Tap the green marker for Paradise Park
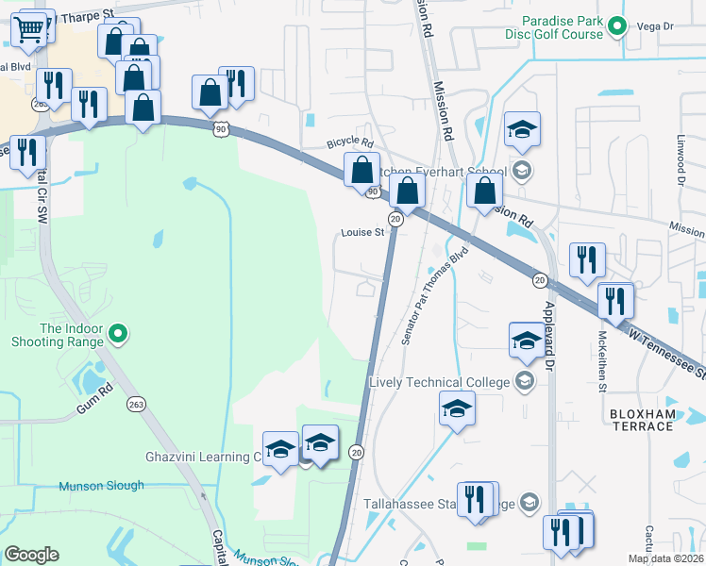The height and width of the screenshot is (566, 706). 617,26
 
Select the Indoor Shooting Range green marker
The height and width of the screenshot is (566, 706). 118,332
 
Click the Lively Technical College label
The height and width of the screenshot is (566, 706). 439,382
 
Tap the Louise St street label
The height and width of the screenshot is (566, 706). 362,232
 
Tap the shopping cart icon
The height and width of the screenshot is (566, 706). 31,30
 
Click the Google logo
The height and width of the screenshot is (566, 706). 32,555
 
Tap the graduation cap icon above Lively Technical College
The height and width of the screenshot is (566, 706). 527,341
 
